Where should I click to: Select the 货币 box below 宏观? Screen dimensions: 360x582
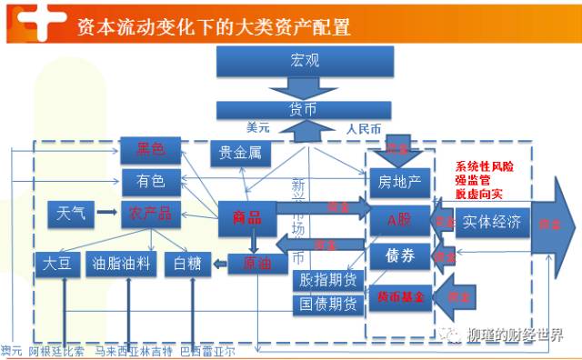[306, 110]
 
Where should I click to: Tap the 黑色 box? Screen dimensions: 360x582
[150, 149]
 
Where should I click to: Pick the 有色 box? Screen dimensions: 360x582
[150, 181]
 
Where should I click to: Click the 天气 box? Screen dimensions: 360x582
[71, 215]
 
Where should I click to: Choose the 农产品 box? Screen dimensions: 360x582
[150, 215]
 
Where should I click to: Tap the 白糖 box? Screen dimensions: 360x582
[186, 264]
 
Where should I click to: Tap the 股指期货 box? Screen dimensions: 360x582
[328, 279]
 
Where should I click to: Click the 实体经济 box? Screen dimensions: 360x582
[492, 221]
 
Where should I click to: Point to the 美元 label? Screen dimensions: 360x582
[258, 128]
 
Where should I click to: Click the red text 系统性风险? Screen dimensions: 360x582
[486, 167]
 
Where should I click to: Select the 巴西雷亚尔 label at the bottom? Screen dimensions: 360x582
[206, 351]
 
